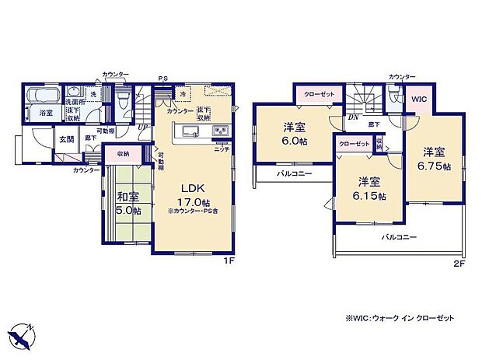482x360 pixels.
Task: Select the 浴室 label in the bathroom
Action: click(46, 113)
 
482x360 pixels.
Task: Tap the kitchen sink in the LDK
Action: click(190, 131)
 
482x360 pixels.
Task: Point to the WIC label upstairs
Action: click(419, 100)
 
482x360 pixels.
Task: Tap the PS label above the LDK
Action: click(162, 78)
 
